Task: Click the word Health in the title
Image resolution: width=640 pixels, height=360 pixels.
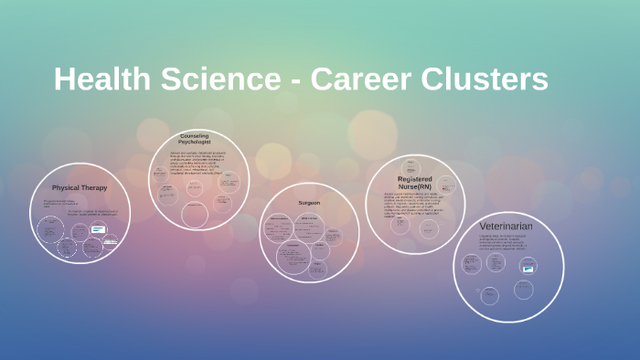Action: [x=101, y=79]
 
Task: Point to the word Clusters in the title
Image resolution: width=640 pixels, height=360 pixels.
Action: [x=487, y=79]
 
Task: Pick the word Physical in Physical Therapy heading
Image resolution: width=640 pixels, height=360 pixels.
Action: [x=67, y=187]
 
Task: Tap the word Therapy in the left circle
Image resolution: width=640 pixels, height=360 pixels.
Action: [x=94, y=187]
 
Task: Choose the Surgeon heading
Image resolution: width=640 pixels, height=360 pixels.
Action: [x=309, y=202]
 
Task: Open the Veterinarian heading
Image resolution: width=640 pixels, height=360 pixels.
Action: [x=506, y=225]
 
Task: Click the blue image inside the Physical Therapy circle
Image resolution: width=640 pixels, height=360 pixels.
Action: [x=98, y=229]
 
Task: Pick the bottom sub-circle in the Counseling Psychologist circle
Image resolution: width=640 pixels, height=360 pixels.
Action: [x=195, y=213]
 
